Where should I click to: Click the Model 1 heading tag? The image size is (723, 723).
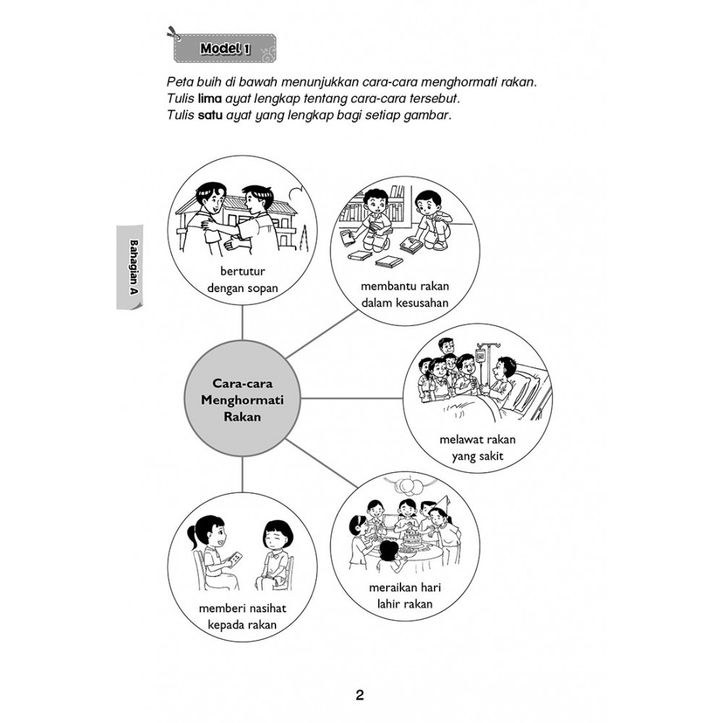(225, 48)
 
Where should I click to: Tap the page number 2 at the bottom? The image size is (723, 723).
(359, 695)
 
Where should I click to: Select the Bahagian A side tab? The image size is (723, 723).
(130, 267)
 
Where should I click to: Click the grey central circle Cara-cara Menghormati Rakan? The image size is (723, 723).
(242, 399)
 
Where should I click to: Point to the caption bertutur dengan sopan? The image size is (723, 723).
(242, 279)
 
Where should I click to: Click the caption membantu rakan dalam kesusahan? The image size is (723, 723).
(405, 294)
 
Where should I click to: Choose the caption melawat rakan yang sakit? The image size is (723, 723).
(477, 448)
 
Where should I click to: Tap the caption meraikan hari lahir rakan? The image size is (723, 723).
(405, 596)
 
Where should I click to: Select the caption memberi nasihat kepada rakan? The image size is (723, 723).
(242, 617)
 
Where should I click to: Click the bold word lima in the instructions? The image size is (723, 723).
(210, 98)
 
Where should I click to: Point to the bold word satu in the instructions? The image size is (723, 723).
(210, 115)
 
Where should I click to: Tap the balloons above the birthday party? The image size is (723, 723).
(408, 486)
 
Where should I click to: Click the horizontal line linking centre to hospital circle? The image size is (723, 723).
(352, 398)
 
